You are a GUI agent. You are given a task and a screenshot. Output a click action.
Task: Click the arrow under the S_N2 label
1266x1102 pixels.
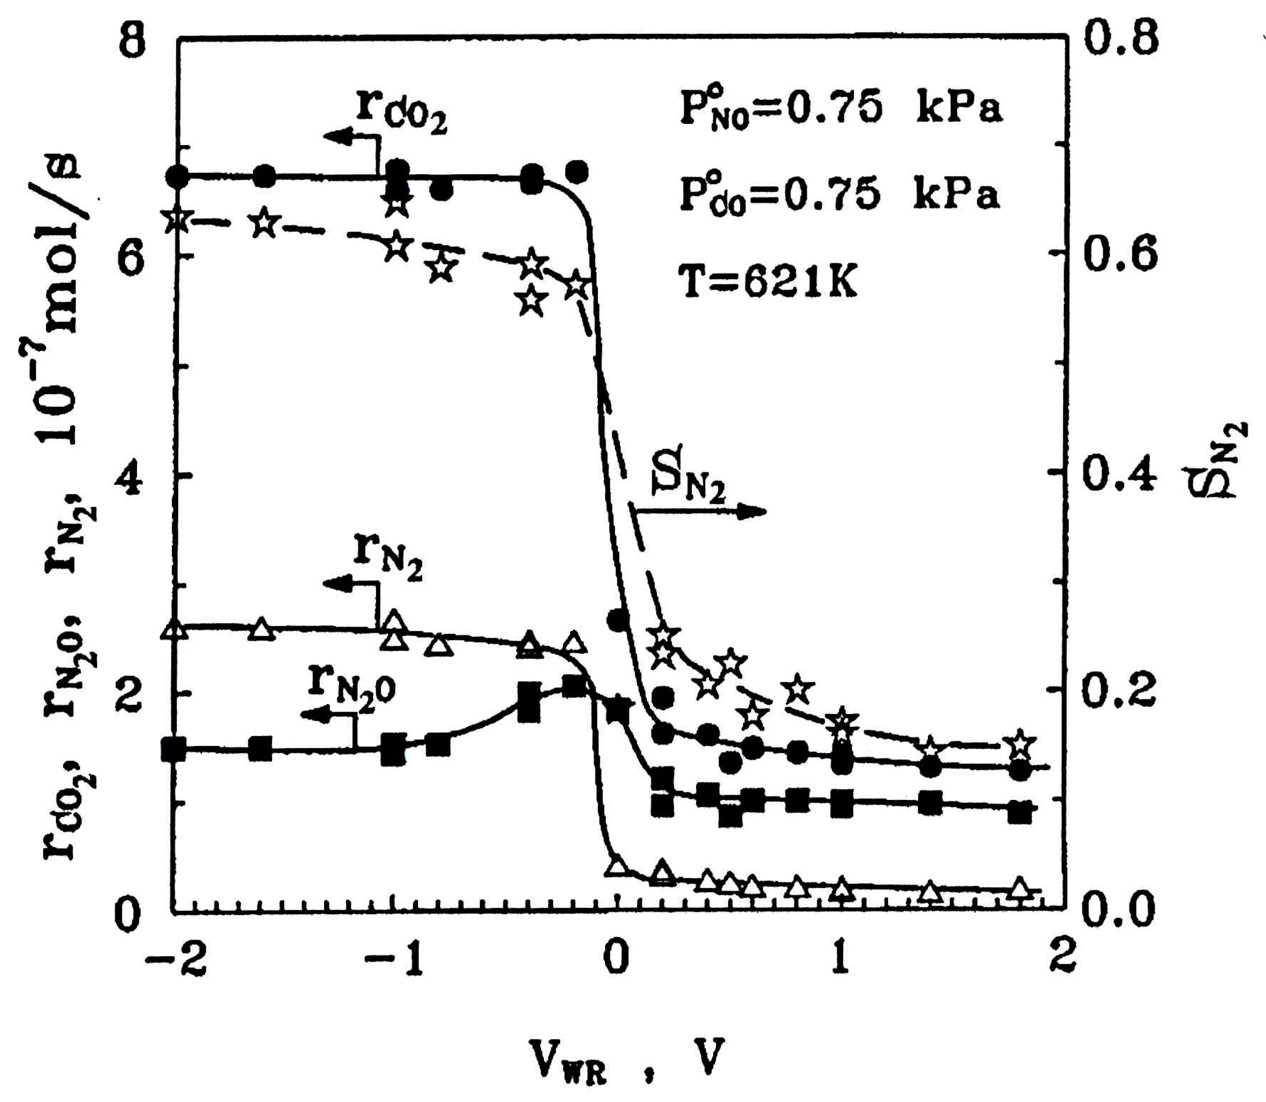click(x=701, y=511)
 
